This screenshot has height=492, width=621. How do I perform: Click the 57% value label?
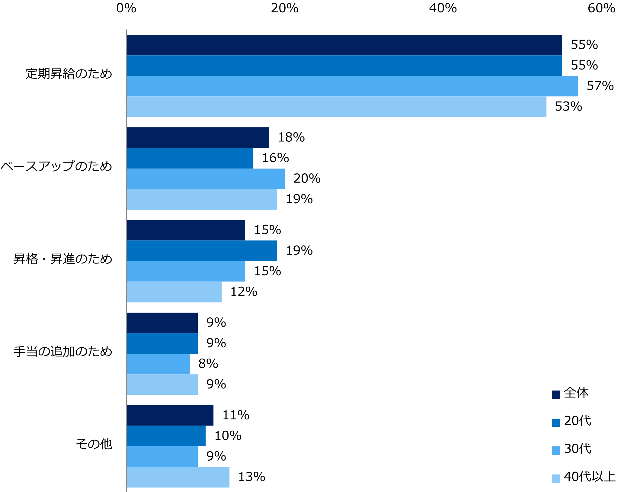point(600,86)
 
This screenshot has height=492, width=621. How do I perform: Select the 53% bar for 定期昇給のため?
point(336,107)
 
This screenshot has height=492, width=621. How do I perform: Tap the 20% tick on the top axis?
point(284,8)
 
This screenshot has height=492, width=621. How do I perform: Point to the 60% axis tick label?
point(601,8)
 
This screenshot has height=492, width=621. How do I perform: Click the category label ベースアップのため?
point(56,166)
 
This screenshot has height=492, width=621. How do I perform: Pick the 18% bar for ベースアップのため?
point(198,138)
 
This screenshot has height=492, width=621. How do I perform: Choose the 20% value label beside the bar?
point(307,178)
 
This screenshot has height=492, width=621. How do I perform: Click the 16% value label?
point(275,158)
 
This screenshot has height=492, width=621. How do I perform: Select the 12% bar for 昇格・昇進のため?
point(174,292)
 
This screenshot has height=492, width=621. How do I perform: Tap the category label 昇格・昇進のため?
point(63,259)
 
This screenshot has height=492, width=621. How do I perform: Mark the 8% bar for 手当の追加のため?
point(158,364)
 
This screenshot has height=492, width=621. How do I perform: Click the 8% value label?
point(208,364)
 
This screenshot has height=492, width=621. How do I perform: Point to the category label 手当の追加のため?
point(63,352)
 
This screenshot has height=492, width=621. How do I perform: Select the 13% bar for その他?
point(178,477)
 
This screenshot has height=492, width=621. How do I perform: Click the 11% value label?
point(235,415)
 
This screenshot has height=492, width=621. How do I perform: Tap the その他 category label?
point(94,444)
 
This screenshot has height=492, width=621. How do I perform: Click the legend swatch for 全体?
point(556,395)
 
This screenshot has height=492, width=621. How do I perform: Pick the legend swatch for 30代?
point(556,450)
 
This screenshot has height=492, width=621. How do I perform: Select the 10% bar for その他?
point(166,436)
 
